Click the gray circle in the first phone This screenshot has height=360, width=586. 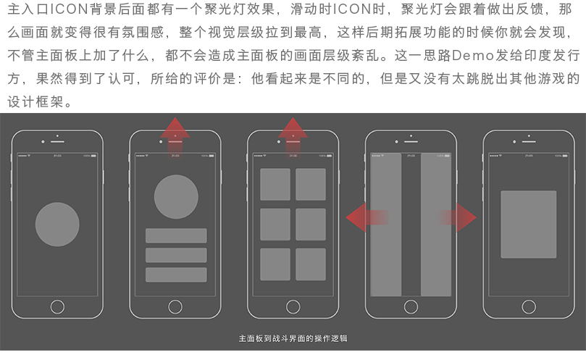[x=57, y=225]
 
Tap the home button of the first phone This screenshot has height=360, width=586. [x=57, y=307]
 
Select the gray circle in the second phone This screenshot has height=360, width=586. [x=176, y=196]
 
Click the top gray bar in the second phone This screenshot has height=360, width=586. [x=176, y=235]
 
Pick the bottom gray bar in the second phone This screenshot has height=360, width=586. [x=176, y=275]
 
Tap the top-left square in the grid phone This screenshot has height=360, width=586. [x=275, y=184]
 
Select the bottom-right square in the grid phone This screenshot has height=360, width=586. [x=311, y=264]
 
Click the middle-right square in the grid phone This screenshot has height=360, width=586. [x=311, y=225]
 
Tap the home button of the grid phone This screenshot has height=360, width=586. [x=293, y=307]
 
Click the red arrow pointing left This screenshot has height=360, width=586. [x=367, y=217]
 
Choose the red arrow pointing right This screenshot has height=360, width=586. [x=456, y=217]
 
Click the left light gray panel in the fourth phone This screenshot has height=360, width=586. [x=386, y=225]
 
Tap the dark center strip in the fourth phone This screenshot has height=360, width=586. [x=411, y=225]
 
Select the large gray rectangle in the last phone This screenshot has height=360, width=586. [x=529, y=225]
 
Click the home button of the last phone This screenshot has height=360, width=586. [x=529, y=307]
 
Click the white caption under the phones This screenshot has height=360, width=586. [x=293, y=338]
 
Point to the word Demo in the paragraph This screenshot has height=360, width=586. [x=473, y=55]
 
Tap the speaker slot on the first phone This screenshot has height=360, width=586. [x=57, y=142]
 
